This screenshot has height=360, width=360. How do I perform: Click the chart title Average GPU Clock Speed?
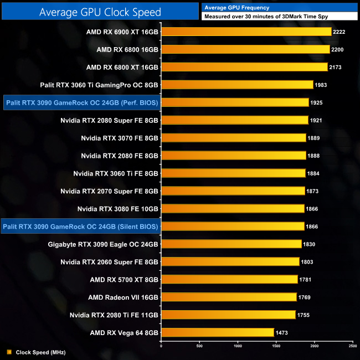pos(100,12)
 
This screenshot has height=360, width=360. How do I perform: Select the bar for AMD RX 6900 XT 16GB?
pos(246,32)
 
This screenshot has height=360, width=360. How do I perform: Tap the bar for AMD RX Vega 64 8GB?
pos(218,332)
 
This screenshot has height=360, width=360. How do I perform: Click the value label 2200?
pos(338,49)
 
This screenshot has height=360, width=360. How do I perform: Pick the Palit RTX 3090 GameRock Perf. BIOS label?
pos(81,102)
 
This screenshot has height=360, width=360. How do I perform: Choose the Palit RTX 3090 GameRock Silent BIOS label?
pos(80,226)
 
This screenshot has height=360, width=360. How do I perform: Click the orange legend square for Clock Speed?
pos(9,352)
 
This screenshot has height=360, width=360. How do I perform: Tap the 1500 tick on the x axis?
pos(276,346)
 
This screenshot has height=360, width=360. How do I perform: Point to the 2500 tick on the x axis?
pos(353,346)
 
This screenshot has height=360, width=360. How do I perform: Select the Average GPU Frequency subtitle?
pos(237,8)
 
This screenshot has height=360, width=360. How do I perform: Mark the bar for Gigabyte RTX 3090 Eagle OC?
pos(231,244)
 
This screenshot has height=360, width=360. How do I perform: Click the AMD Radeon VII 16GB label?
pos(123,297)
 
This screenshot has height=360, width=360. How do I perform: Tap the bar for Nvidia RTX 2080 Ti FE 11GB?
pos(228,315)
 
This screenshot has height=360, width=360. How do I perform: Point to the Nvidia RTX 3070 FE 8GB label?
pos(120,138)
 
